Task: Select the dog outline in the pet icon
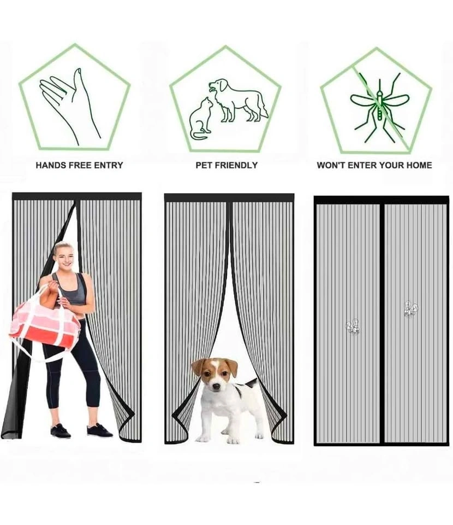[x=238, y=100]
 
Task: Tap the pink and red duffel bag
[x=44, y=324]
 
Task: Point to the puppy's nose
[x=216, y=386]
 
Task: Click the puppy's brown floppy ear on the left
[x=197, y=367]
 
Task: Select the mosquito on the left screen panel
[x=353, y=327]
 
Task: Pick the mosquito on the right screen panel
[x=410, y=309]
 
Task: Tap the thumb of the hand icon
[x=79, y=80]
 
